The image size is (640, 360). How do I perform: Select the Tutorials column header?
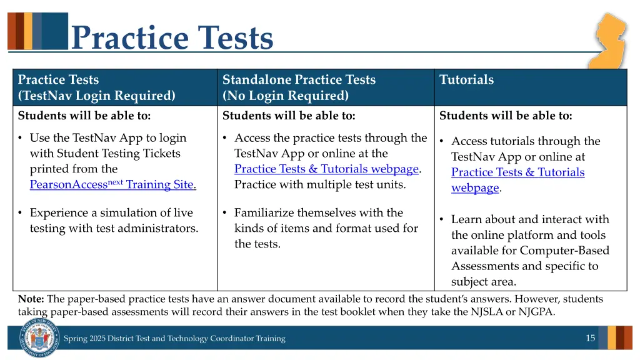coord(466,79)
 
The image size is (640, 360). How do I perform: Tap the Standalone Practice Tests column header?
coord(299,79)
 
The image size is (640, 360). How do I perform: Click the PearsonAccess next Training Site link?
coord(112,184)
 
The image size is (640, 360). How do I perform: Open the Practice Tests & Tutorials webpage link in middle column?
coord(326,169)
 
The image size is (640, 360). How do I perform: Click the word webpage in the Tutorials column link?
coord(475,187)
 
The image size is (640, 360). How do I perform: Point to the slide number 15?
coord(590,338)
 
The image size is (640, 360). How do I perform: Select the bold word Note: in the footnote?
coord(31,299)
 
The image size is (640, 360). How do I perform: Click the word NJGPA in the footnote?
coord(536,312)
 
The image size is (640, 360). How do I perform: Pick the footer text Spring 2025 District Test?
coord(174,339)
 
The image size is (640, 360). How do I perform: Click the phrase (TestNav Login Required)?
coord(97,96)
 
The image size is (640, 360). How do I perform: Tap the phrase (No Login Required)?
coord(286,96)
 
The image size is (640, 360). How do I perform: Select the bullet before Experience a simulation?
coord(21,213)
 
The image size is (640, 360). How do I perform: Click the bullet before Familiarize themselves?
coord(225,213)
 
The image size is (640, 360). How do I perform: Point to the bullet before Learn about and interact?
coord(442,219)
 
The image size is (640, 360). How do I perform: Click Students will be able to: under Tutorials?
coord(506,116)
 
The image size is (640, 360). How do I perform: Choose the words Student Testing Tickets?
coord(119,153)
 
